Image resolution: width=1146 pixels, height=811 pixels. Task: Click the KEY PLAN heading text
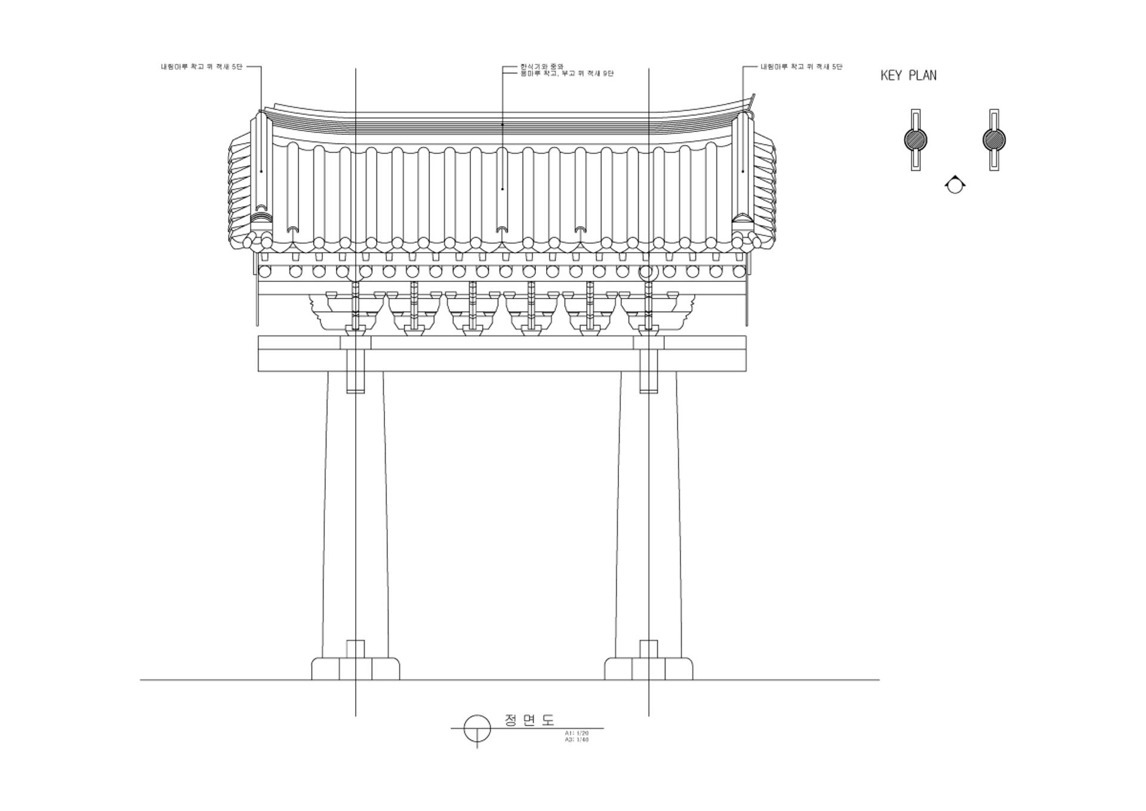point(908,75)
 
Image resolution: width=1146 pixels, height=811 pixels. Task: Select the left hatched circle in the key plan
point(916,140)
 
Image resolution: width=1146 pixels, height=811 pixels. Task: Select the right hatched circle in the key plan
point(994,140)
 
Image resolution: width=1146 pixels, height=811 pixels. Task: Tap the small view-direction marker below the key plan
point(955,185)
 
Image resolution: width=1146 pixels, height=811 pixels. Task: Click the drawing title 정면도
point(529,720)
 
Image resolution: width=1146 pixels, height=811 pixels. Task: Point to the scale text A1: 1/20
point(577,732)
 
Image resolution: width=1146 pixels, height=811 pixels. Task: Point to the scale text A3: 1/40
point(577,739)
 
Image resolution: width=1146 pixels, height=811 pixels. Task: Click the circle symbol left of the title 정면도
point(477,729)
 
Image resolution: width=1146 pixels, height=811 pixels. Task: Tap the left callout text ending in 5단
point(202,67)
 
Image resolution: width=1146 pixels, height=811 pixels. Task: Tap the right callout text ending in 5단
point(802,67)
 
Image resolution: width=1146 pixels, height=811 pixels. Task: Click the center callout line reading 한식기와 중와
point(542,66)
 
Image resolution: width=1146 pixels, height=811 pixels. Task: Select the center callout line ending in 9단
point(567,73)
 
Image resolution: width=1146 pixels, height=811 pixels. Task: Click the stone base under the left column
point(356,668)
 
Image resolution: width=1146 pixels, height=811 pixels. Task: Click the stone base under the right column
point(649,668)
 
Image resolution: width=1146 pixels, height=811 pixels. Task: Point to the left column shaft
point(355,514)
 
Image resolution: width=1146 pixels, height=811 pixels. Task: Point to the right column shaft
point(648,514)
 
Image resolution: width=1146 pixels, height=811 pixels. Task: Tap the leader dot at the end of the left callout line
point(261,171)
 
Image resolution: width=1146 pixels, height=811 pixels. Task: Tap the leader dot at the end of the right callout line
point(743,171)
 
